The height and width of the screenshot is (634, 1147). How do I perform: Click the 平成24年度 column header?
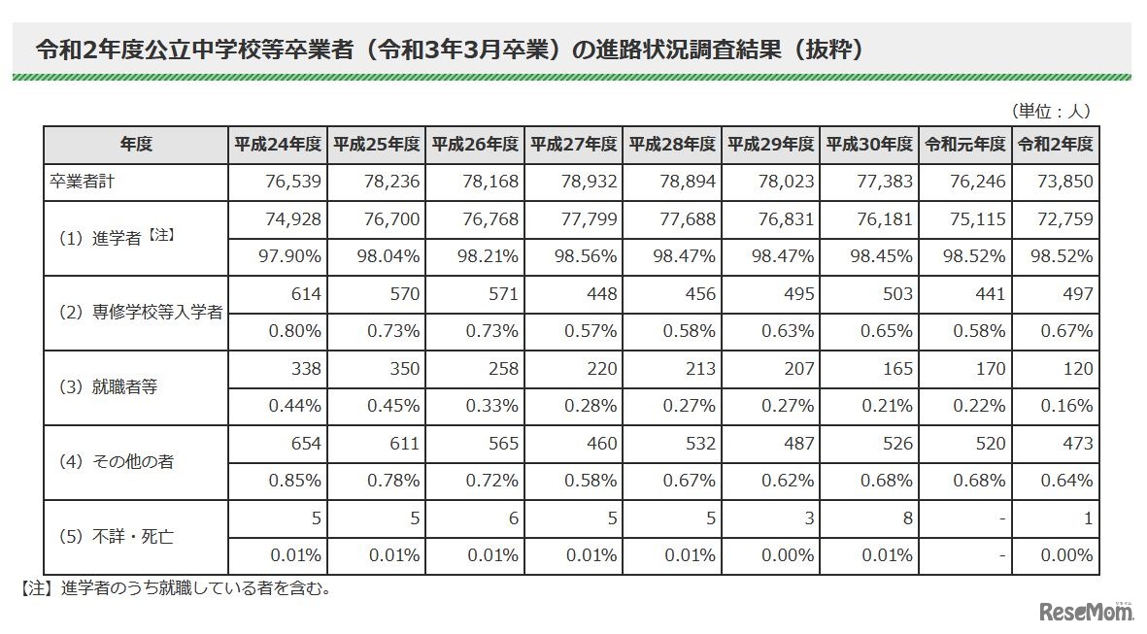(x=278, y=145)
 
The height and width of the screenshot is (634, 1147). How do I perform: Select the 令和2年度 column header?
(x=1055, y=145)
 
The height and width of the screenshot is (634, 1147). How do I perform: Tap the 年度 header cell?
(x=136, y=145)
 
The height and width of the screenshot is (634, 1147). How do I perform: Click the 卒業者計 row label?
(x=84, y=182)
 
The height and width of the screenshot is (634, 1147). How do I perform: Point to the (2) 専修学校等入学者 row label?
(x=136, y=313)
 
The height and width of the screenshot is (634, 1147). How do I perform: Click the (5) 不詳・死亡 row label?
(x=113, y=536)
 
